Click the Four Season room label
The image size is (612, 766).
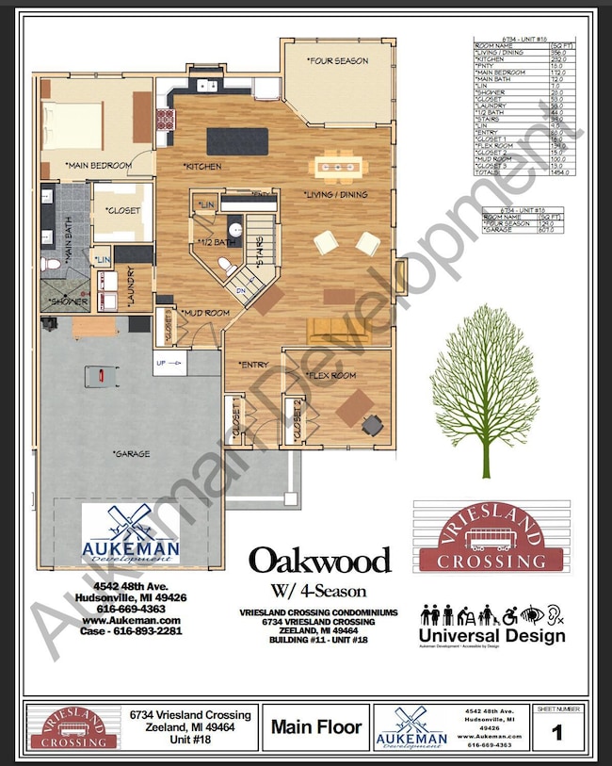tap(337, 61)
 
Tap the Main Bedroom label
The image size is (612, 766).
tap(98, 166)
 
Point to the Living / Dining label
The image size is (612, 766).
tap(335, 195)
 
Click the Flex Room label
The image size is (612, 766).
tap(331, 374)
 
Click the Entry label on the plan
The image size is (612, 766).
tap(254, 363)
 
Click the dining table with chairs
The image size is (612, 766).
tap(343, 168)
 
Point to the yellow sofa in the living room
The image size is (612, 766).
tap(335, 329)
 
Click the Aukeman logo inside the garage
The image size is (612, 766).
tap(130, 534)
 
